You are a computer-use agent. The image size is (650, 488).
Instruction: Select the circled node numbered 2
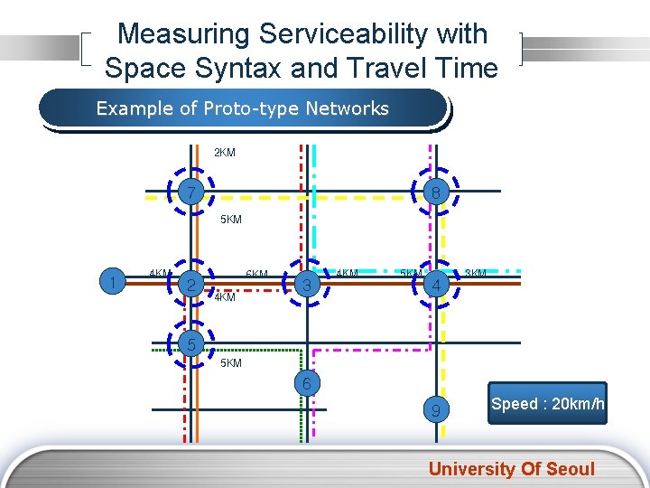point(190,285)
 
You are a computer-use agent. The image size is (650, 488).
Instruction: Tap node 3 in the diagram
point(307,285)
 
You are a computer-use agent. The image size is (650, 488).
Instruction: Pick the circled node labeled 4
point(437,285)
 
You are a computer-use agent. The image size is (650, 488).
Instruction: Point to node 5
point(190,343)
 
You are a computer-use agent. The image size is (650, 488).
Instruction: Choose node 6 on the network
point(307,383)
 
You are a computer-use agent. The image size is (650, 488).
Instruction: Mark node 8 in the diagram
point(436,192)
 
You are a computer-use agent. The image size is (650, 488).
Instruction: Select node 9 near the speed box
point(436,411)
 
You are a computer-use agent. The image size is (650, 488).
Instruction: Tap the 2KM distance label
point(225,153)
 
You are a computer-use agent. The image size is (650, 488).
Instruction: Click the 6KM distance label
point(257,274)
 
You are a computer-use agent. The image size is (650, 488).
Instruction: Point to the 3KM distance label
point(476,273)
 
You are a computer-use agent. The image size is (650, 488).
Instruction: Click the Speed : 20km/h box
point(548,403)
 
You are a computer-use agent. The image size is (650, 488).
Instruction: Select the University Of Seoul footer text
point(512,468)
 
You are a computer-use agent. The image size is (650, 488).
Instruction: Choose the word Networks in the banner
point(347,109)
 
